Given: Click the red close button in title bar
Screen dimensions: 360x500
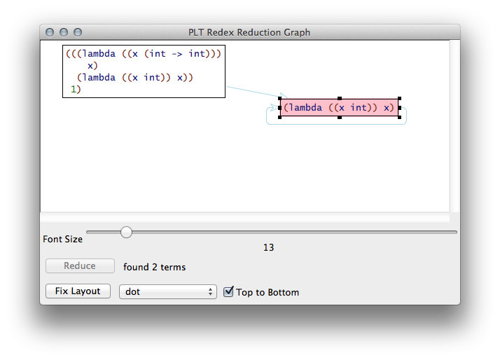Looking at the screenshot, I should click(50, 32).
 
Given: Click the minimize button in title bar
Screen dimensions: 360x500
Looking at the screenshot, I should click(64, 32).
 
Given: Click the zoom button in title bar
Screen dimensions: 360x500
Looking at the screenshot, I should click(78, 32).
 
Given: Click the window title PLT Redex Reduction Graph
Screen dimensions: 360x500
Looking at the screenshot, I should click(249, 32).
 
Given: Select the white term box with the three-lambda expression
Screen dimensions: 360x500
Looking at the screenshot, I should click(144, 71).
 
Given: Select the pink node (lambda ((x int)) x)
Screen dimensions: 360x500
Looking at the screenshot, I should click(339, 108).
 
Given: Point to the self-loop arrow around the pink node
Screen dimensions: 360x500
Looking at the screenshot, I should click(405, 116).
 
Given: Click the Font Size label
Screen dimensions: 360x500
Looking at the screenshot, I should click(63, 239).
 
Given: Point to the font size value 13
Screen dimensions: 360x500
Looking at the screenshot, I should click(269, 247).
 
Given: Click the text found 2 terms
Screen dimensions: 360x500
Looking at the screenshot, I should click(155, 267).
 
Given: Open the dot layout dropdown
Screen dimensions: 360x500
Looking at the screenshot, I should click(168, 291).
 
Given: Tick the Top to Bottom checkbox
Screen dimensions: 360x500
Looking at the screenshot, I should click(228, 291).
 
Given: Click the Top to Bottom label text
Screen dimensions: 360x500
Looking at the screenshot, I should click(268, 292).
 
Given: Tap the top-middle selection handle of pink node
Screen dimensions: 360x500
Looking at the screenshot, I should click(340, 99).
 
